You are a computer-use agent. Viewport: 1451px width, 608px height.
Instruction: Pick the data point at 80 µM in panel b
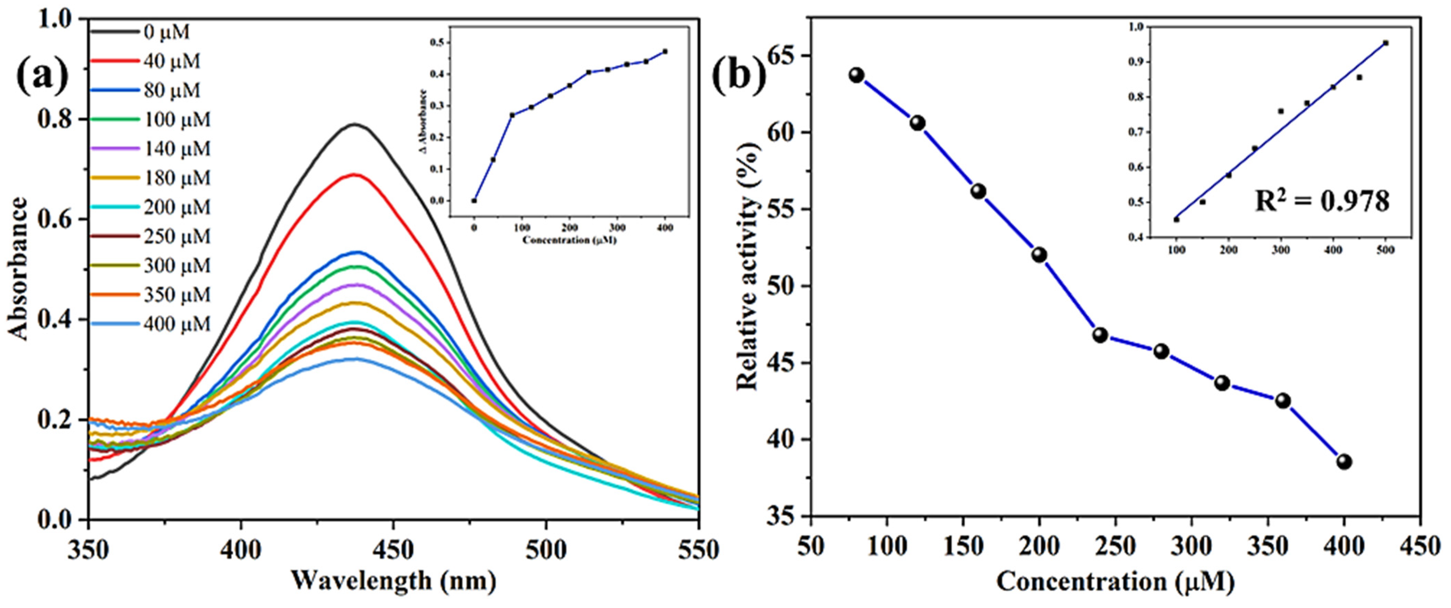(x=857, y=76)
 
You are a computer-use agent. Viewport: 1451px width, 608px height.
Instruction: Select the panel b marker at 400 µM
(x=1344, y=462)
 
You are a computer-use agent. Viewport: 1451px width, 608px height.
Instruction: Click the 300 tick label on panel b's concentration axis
(x=1192, y=546)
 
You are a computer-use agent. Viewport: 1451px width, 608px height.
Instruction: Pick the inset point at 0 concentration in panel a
(x=474, y=200)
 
